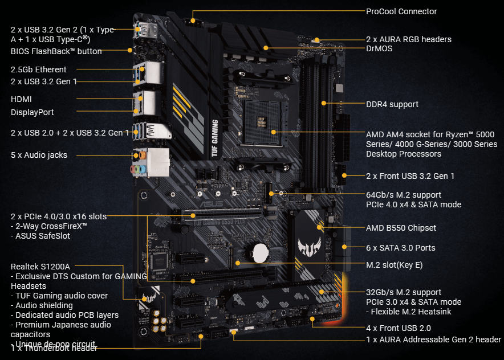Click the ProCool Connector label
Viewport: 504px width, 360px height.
coord(401,11)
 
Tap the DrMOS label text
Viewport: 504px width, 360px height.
coord(379,49)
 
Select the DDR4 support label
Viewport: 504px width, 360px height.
coord(392,104)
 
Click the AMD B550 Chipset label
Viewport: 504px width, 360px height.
coord(401,228)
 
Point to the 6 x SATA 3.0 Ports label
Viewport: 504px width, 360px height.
coord(400,248)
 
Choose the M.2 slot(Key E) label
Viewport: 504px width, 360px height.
coord(394,265)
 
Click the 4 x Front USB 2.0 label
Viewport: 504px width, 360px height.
coord(398,328)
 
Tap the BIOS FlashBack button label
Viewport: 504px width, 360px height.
coord(56,51)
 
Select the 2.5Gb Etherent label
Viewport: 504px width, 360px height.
coord(39,69)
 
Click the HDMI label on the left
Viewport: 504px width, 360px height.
coord(21,99)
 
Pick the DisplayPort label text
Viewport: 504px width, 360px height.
coord(32,112)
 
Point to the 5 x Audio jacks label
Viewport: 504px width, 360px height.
coord(39,155)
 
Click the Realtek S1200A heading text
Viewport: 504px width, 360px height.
coord(40,266)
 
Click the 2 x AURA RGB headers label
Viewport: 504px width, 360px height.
coord(408,39)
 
